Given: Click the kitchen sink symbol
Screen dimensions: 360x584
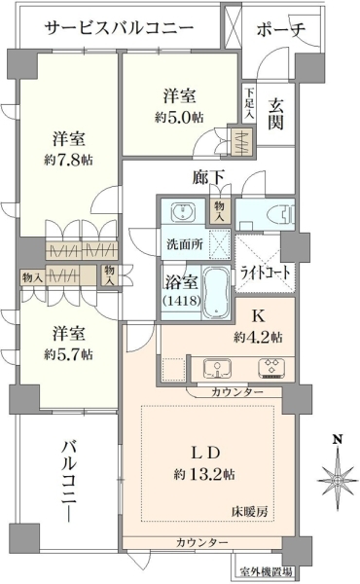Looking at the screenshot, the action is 217,368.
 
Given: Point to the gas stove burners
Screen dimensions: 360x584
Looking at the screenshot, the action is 271,368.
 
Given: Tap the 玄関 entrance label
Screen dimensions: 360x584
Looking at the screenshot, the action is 276,115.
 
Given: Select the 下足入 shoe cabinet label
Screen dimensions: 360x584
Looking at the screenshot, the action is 249,103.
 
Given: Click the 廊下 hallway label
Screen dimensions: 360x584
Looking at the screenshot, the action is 209,177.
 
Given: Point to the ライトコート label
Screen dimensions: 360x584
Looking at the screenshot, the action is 265,273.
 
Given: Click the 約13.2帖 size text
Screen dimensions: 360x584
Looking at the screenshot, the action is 204,474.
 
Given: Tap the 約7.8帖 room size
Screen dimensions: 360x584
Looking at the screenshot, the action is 68,161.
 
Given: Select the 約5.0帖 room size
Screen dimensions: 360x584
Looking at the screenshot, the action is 179,118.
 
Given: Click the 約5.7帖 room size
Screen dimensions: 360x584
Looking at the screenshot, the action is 68,354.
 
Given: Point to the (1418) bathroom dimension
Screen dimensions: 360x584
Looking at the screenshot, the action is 182,300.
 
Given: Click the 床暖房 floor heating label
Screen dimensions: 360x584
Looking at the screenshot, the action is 250,512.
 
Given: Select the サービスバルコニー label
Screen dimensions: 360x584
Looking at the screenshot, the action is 120,28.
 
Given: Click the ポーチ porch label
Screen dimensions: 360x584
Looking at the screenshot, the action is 281,30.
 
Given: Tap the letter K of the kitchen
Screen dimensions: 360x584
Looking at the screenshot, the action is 259,316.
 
